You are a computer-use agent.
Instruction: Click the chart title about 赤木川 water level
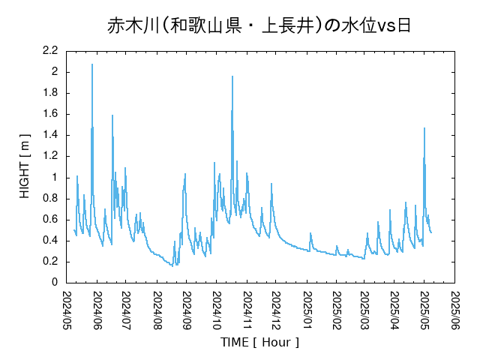[259, 26]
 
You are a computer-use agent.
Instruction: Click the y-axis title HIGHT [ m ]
[25, 166]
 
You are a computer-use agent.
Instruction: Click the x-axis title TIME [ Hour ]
[259, 342]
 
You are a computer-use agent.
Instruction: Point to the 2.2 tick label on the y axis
[51, 51]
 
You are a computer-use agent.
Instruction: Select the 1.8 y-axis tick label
[51, 93]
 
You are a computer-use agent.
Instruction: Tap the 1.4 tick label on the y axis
[51, 135]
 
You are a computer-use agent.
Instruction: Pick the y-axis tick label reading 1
[55, 177]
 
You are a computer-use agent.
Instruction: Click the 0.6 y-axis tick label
[51, 219]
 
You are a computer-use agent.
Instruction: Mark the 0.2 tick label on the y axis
[51, 261]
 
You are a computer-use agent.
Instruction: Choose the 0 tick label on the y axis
[55, 282]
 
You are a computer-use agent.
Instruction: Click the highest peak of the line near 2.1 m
[92, 64]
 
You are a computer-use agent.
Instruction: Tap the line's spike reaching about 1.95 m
[232, 76]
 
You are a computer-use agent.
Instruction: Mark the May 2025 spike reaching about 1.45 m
[424, 128]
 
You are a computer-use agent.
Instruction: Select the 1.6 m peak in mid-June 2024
[112, 115]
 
